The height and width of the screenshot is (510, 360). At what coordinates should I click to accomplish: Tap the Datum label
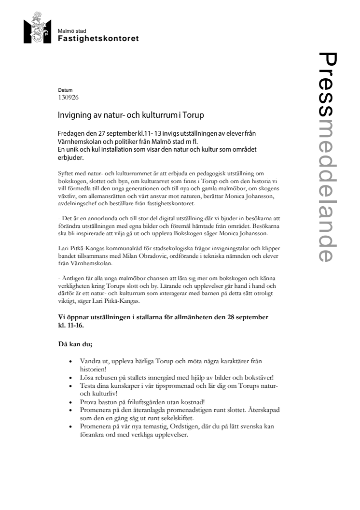[64, 90]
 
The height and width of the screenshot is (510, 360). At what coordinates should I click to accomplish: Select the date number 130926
[68, 97]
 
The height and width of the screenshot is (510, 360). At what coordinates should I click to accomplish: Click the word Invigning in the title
[71, 116]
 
